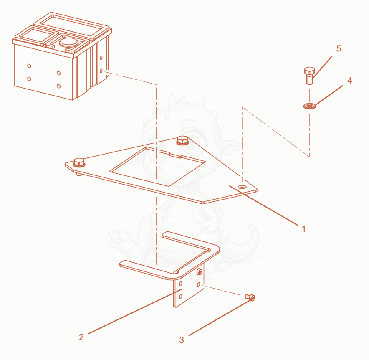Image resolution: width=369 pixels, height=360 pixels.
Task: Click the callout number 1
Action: pos(303,228)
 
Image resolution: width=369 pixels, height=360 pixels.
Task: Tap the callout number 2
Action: pos(81,337)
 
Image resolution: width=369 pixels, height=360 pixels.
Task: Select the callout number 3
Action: pos(182,340)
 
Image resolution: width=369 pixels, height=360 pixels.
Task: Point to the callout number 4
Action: pos(350,81)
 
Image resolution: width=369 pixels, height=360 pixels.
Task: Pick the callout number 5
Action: pos(339,48)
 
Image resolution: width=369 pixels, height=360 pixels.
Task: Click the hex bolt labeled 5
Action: pos(309,75)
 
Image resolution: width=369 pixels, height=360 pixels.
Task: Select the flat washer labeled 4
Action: pos(309,106)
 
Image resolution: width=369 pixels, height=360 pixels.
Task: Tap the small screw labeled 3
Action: pos(250,297)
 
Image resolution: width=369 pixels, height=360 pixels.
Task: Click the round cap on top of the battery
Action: pos(68,42)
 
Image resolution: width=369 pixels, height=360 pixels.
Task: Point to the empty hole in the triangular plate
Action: pos(242,187)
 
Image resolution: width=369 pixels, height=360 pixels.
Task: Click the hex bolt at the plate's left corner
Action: pos(79,163)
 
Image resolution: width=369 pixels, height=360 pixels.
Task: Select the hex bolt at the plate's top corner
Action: pos(182,141)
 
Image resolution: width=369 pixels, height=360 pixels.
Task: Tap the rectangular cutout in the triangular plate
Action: pos(157,166)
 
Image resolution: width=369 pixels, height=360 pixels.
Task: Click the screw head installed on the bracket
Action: pos(200,272)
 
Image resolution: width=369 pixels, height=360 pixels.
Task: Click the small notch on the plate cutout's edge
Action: pos(175,155)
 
